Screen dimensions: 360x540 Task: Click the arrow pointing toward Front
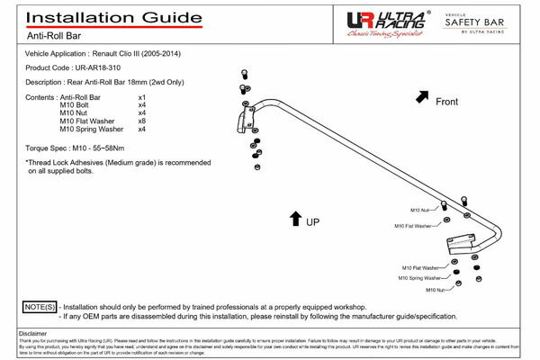click(422, 94)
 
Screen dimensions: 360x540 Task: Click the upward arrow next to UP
click(295, 216)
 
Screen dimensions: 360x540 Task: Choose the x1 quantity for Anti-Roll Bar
click(142, 95)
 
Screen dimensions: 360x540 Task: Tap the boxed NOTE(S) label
click(40, 307)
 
